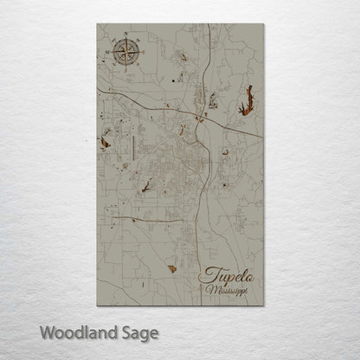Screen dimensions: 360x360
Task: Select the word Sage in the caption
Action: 138,332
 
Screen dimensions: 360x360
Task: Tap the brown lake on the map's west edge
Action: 105,140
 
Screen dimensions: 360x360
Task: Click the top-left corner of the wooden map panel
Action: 97,24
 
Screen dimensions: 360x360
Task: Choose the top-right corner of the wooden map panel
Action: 263,24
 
